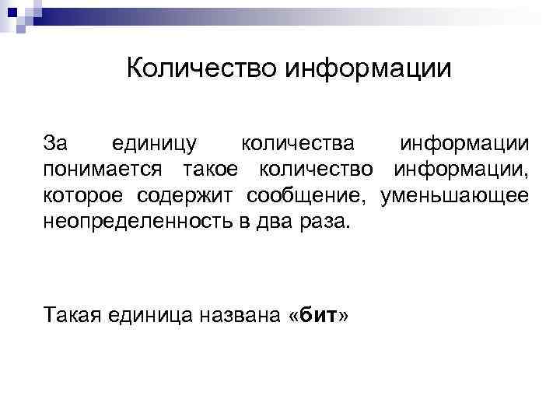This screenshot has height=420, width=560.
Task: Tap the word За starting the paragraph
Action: pyautogui.click(x=56, y=144)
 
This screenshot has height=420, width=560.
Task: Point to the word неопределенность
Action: pyautogui.click(x=136, y=221)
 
